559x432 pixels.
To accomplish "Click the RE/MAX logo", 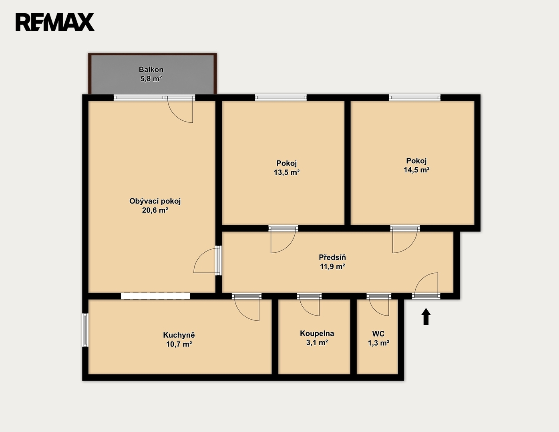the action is (x=55, y=22).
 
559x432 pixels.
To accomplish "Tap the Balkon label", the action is (x=151, y=69).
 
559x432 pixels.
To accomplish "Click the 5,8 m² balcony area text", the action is (x=151, y=79).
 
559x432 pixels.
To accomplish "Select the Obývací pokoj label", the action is (x=155, y=201).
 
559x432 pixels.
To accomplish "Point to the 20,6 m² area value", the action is (x=155, y=210).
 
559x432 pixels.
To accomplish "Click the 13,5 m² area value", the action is (x=287, y=172).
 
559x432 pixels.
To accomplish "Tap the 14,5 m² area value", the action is (x=416, y=170).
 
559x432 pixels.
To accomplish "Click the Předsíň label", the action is (x=332, y=257).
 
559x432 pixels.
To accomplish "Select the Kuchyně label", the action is (x=179, y=335).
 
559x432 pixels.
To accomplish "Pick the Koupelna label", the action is (x=317, y=333).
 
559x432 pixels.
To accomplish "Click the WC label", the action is (x=378, y=334).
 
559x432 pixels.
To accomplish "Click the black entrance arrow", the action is (x=426, y=317).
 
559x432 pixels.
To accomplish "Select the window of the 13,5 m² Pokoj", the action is (x=281, y=97).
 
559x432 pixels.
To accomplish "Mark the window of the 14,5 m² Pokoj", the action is (x=415, y=97).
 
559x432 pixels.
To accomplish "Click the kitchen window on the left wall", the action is (x=85, y=330).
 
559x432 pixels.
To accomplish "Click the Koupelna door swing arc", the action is (x=306, y=312).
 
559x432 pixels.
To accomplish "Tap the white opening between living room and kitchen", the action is (x=155, y=296).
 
